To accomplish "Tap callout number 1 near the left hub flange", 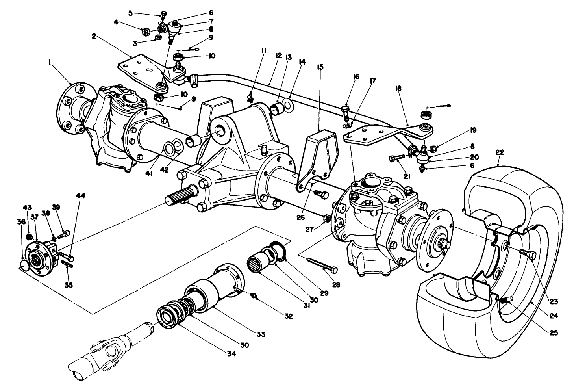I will pyautogui.click(x=50, y=62).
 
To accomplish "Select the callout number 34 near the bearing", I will pyautogui.click(x=231, y=354).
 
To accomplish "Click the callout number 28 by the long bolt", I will pyautogui.click(x=335, y=284).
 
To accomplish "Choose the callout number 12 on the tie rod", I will pyautogui.click(x=279, y=56).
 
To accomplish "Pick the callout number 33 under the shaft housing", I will pyautogui.click(x=260, y=334).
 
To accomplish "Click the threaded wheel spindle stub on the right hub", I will pyautogui.click(x=446, y=244).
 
